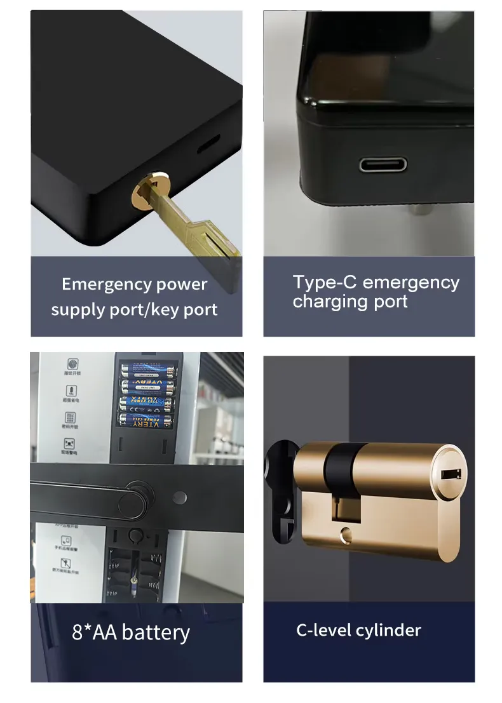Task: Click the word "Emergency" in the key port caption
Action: pos(98,285)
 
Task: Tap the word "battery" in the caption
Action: pos(156,633)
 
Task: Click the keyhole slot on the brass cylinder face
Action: pos(450,473)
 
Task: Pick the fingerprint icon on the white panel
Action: pos(72,365)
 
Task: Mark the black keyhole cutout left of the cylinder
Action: pos(280,483)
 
